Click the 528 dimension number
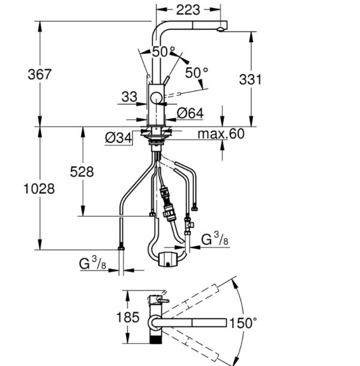82,172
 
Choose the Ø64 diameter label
190,112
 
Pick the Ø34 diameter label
118,137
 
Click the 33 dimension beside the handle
128,95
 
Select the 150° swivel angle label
242,323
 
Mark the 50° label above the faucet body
163,52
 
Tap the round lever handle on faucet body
157,98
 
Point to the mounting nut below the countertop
157,137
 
